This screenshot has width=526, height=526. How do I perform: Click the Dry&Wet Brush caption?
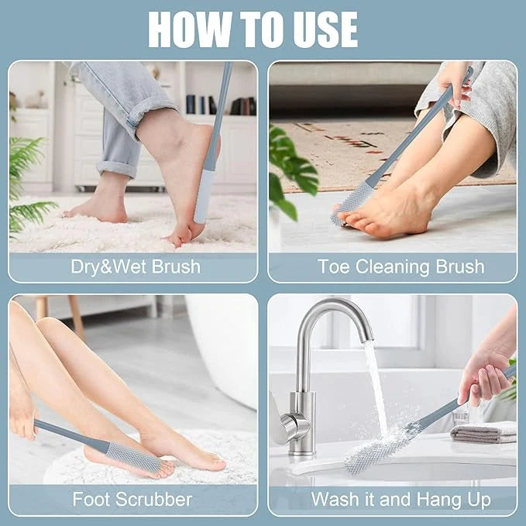tap(135, 267)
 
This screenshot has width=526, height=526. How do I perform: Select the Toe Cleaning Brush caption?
tap(401, 267)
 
